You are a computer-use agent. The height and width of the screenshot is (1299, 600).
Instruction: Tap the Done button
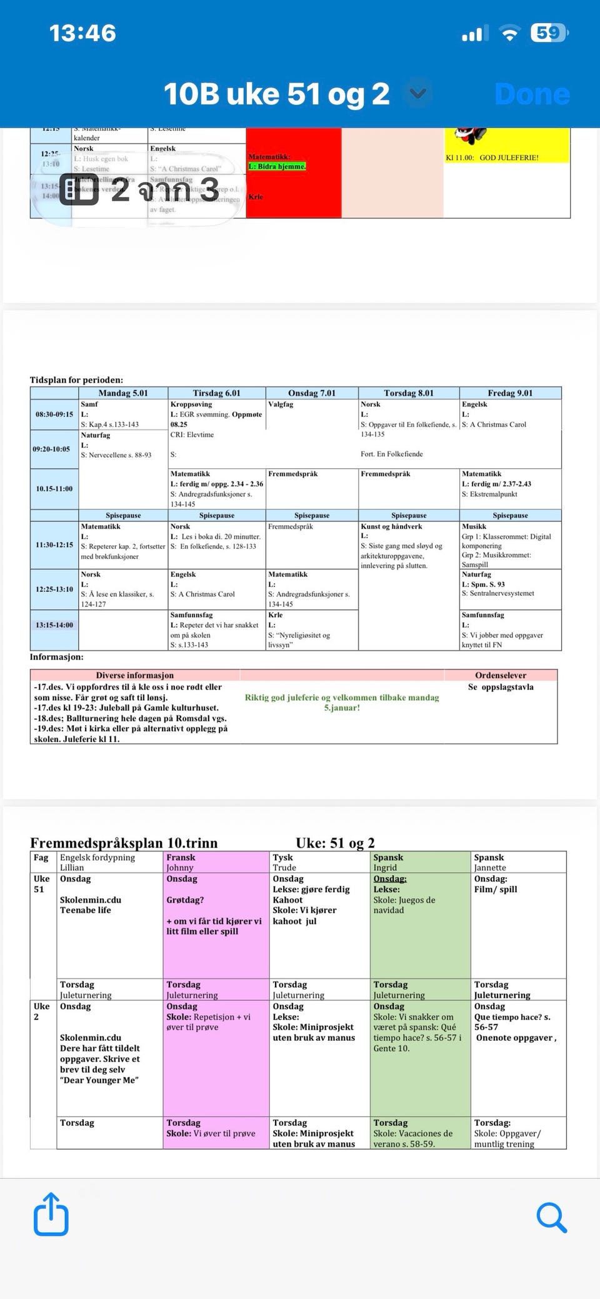[532, 94]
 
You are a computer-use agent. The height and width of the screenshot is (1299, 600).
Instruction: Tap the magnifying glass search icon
[551, 1217]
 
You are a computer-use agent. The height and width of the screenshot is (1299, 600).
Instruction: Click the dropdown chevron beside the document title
[417, 94]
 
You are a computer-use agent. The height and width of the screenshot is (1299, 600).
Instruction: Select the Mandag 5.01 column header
[123, 393]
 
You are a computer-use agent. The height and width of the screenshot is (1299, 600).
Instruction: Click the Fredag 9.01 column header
[510, 393]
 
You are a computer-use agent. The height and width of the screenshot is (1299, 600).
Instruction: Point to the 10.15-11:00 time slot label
[54, 489]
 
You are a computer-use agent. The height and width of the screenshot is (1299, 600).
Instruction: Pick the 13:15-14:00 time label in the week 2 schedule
[54, 625]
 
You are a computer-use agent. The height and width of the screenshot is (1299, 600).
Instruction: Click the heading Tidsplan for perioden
[76, 379]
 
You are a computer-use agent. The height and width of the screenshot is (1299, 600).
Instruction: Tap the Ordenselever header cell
[500, 675]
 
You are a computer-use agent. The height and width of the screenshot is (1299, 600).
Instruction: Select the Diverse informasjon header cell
[134, 675]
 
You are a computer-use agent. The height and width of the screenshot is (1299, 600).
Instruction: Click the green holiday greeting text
[342, 703]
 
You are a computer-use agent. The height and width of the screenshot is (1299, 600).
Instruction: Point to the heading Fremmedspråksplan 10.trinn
[124, 843]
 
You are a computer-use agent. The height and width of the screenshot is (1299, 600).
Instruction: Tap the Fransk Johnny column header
[216, 862]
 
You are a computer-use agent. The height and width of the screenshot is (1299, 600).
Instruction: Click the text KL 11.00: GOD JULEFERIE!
[492, 158]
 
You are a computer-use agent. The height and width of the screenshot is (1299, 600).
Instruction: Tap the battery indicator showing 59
[549, 33]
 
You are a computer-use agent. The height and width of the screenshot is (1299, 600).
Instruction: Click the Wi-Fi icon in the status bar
[510, 34]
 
